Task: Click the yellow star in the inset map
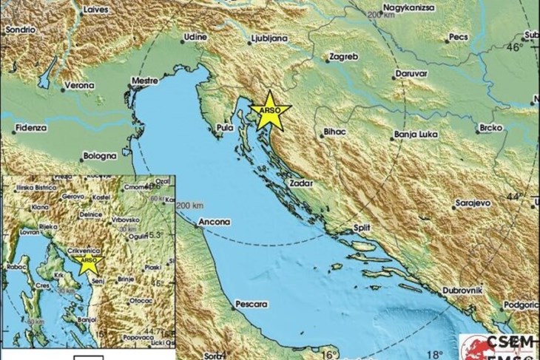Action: click(x=88, y=260)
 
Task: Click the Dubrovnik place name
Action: click(x=465, y=290)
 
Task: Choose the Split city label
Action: click(x=362, y=228)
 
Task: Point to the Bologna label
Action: click(x=98, y=156)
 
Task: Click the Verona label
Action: click(x=78, y=86)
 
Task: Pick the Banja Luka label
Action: click(x=414, y=135)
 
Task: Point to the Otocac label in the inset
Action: click(x=138, y=301)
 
